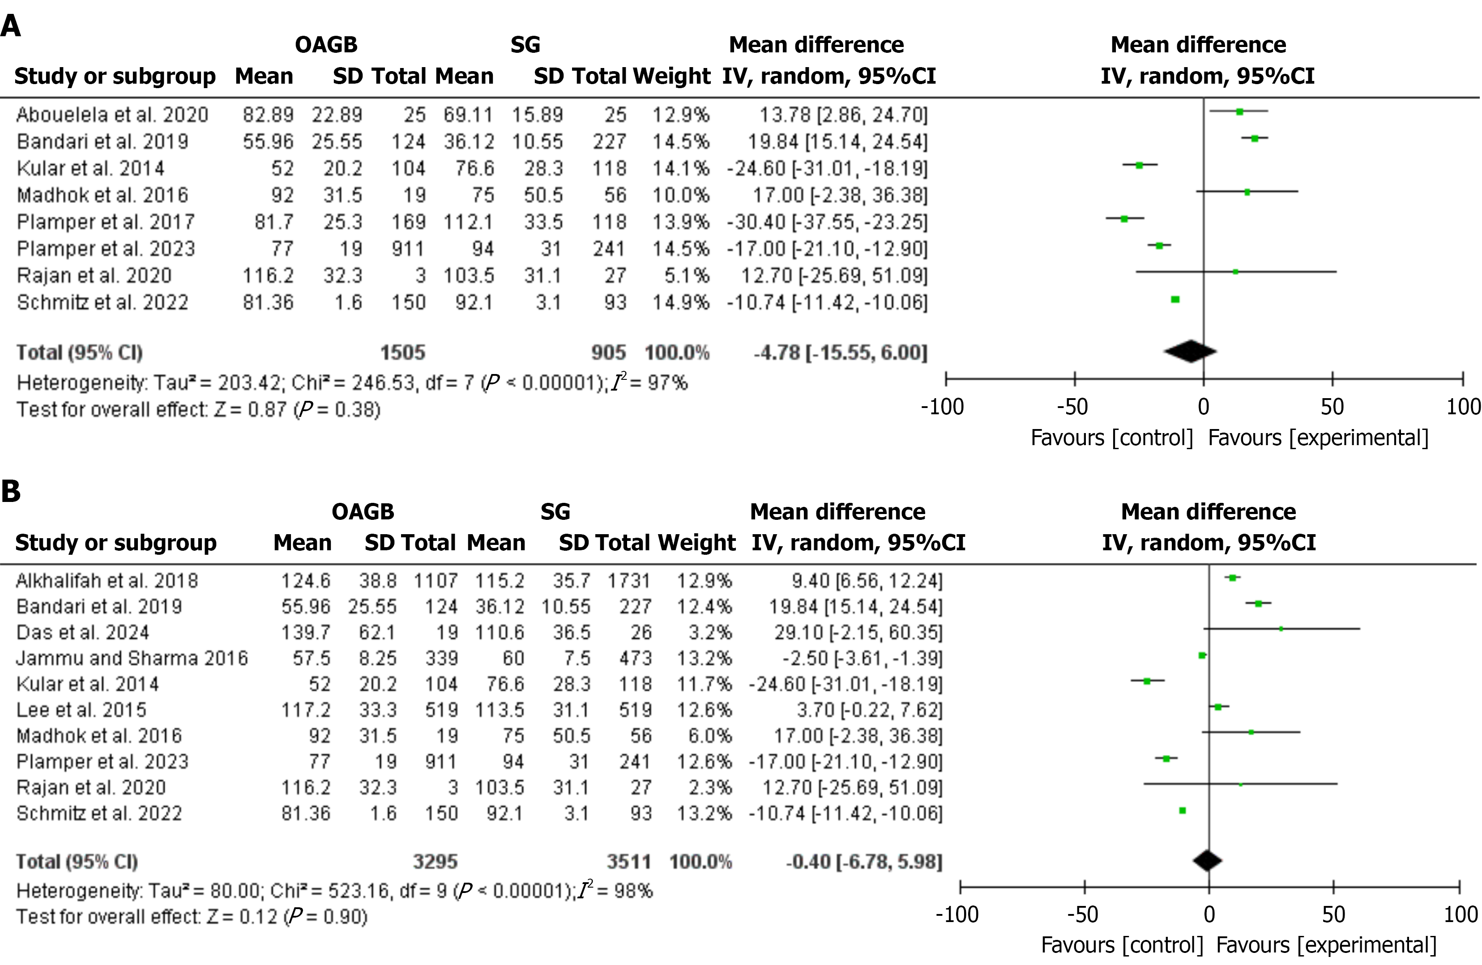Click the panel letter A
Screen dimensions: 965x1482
pos(11,27)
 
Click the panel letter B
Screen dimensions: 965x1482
pos(11,491)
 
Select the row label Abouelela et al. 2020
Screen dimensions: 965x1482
pos(112,115)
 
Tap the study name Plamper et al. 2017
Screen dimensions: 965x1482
pos(105,221)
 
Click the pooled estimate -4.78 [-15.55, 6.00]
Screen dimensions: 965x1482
pos(840,353)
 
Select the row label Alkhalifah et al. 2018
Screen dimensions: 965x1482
pos(107,581)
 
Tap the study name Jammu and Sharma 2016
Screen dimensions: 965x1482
pos(132,658)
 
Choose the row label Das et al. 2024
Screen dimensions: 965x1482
pos(82,633)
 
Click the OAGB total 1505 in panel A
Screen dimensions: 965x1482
pos(403,353)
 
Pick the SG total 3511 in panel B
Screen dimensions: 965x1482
pos(629,862)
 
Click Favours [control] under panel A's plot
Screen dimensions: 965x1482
pos(1111,438)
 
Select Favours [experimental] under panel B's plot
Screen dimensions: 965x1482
pos(1326,945)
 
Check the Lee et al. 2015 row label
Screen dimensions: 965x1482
pos(81,710)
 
